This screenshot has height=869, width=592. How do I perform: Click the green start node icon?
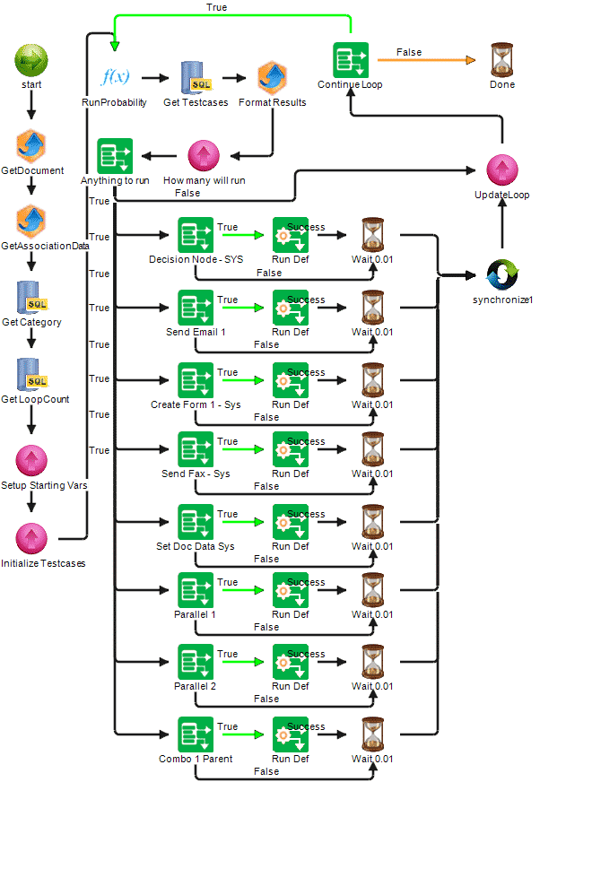[31, 61]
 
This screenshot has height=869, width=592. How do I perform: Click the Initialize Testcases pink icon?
[31, 538]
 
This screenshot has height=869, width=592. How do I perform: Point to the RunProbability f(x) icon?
[115, 77]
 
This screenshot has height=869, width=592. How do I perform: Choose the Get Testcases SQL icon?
[196, 77]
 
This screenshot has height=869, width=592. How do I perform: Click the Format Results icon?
[272, 77]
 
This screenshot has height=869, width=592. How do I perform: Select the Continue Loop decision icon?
[351, 60]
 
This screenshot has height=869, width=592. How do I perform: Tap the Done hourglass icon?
[502, 60]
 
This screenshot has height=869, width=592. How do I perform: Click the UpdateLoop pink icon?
[502, 170]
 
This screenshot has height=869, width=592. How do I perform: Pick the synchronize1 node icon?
[502, 275]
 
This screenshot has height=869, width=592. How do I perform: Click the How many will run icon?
[204, 155]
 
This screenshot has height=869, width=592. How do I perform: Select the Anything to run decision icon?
[115, 155]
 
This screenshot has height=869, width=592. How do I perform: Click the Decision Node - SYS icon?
[196, 234]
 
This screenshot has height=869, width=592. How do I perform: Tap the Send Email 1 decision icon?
[196, 307]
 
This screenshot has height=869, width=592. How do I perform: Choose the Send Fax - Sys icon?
[196, 448]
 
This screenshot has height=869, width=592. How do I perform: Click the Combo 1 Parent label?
[196, 759]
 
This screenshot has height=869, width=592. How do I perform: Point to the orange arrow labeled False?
[425, 60]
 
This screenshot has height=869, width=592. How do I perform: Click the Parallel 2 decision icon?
[196, 661]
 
